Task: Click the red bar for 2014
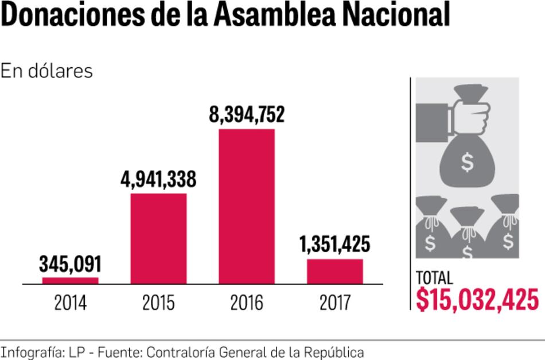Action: tap(71, 280)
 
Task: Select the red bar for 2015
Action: tap(159, 238)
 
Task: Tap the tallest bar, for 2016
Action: tap(247, 206)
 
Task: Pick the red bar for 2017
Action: tap(335, 271)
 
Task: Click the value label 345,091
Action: tap(71, 265)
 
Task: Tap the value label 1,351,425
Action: tap(335, 245)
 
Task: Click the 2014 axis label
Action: tap(71, 303)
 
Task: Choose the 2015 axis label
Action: tap(159, 303)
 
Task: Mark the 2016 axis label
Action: tap(247, 303)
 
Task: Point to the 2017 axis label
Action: tap(335, 303)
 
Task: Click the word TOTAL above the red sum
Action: tap(434, 278)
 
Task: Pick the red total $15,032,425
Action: tap(477, 299)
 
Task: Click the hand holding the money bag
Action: tap(453, 114)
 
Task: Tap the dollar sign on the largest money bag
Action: tap(468, 164)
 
